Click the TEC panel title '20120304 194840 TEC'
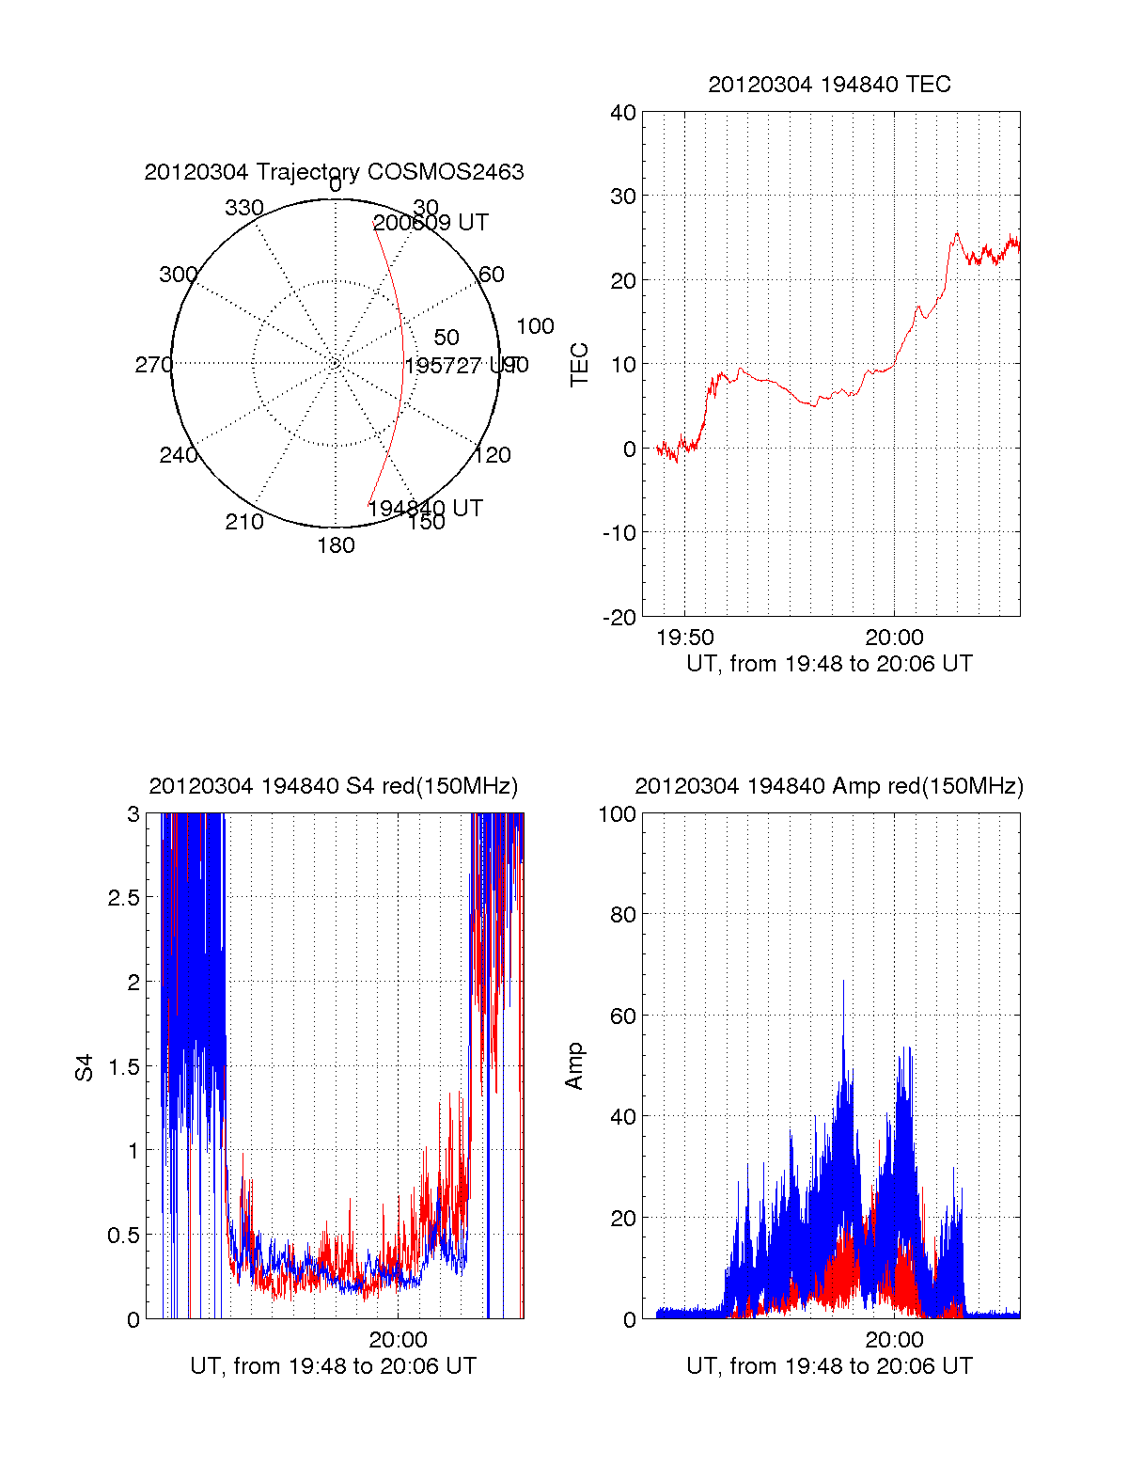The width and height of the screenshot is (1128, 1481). pyautogui.click(x=829, y=85)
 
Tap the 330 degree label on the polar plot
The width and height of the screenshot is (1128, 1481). pyautogui.click(x=243, y=208)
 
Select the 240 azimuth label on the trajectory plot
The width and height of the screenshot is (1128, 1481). pyautogui.click(x=178, y=455)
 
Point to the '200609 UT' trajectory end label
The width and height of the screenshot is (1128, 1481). pyautogui.click(x=431, y=223)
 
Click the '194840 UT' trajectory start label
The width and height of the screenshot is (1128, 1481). pyautogui.click(x=425, y=509)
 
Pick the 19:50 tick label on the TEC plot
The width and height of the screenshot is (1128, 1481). pyautogui.click(x=684, y=638)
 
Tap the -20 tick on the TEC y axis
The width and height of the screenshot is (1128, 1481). pyautogui.click(x=619, y=617)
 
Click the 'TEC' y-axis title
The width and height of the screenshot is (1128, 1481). pyautogui.click(x=579, y=365)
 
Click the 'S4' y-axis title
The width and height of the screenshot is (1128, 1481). pyautogui.click(x=85, y=1067)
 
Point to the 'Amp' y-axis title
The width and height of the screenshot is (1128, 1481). pyautogui.click(x=574, y=1065)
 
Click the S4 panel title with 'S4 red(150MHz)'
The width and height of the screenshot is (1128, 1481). pyautogui.click(x=334, y=786)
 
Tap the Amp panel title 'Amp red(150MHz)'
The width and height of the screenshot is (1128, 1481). pyautogui.click(x=829, y=786)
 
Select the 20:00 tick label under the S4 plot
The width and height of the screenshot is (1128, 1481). pyautogui.click(x=398, y=1339)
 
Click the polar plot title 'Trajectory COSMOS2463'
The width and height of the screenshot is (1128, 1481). pyautogui.click(x=334, y=172)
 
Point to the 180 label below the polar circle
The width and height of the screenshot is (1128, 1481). pyautogui.click(x=336, y=545)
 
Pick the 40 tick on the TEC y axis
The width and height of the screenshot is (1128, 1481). pyautogui.click(x=623, y=113)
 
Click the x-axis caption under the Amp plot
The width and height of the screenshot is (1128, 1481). pyautogui.click(x=829, y=1365)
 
